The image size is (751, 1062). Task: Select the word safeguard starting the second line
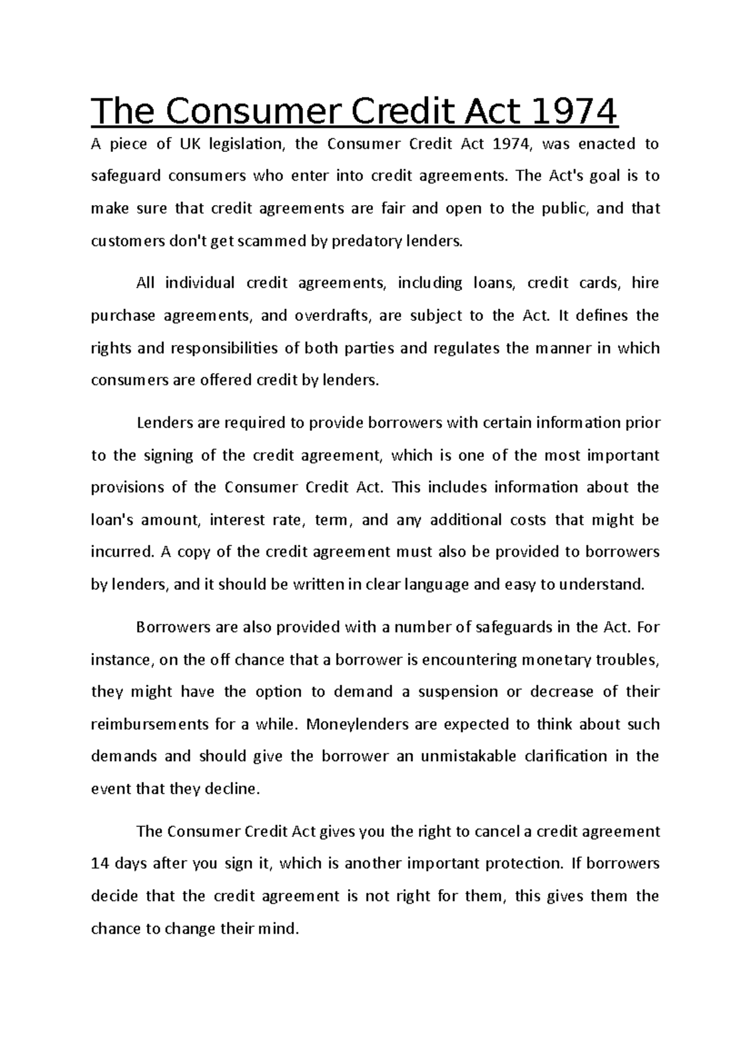point(125,176)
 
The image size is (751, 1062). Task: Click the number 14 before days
point(100,864)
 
